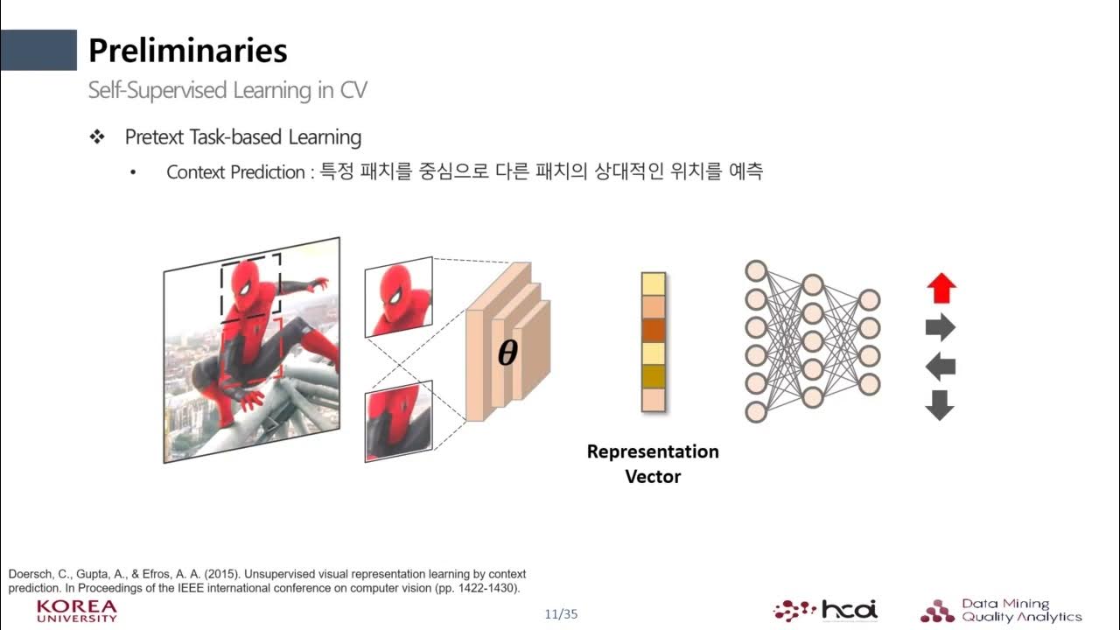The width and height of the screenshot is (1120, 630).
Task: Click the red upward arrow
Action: point(941,288)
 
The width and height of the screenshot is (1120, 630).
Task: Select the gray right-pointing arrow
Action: point(940,328)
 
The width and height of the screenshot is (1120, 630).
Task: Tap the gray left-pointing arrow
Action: point(940,366)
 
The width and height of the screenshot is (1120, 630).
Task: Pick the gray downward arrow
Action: point(940,404)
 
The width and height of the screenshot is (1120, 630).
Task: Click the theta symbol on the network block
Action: point(507,353)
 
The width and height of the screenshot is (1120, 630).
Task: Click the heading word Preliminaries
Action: point(187,51)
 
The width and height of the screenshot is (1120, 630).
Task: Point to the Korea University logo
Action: point(77,611)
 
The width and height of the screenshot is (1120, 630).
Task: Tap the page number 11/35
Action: point(561,613)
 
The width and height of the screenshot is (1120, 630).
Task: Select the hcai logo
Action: point(826,610)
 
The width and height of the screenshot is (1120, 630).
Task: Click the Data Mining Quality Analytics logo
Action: point(1001,610)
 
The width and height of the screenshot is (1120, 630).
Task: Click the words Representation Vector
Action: point(653,464)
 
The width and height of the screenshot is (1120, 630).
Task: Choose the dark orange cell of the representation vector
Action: point(654,330)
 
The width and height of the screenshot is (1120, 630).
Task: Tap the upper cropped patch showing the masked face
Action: point(398,297)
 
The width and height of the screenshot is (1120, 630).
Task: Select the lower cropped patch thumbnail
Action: point(398,421)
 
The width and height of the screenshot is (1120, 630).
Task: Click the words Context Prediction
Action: point(234,172)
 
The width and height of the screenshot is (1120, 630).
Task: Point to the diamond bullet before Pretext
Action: point(97,137)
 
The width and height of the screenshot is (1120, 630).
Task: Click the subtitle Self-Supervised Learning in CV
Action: point(227,90)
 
